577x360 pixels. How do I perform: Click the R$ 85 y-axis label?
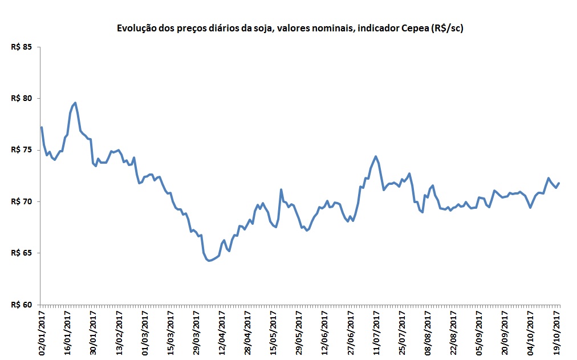pos(22,47)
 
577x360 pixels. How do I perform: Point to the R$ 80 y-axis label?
pos(22,98)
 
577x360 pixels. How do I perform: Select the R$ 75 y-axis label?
pos(22,149)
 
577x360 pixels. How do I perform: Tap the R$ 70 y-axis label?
pos(22,201)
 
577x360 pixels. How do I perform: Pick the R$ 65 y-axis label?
pos(22,253)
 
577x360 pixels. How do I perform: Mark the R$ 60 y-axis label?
pos(22,304)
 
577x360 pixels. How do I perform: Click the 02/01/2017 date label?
pos(42,331)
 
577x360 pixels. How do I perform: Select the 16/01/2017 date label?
pos(67,331)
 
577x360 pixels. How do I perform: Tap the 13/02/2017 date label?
pos(119,331)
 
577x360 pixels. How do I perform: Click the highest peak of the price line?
pos(75,103)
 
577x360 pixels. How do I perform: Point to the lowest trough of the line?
pos(209,261)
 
